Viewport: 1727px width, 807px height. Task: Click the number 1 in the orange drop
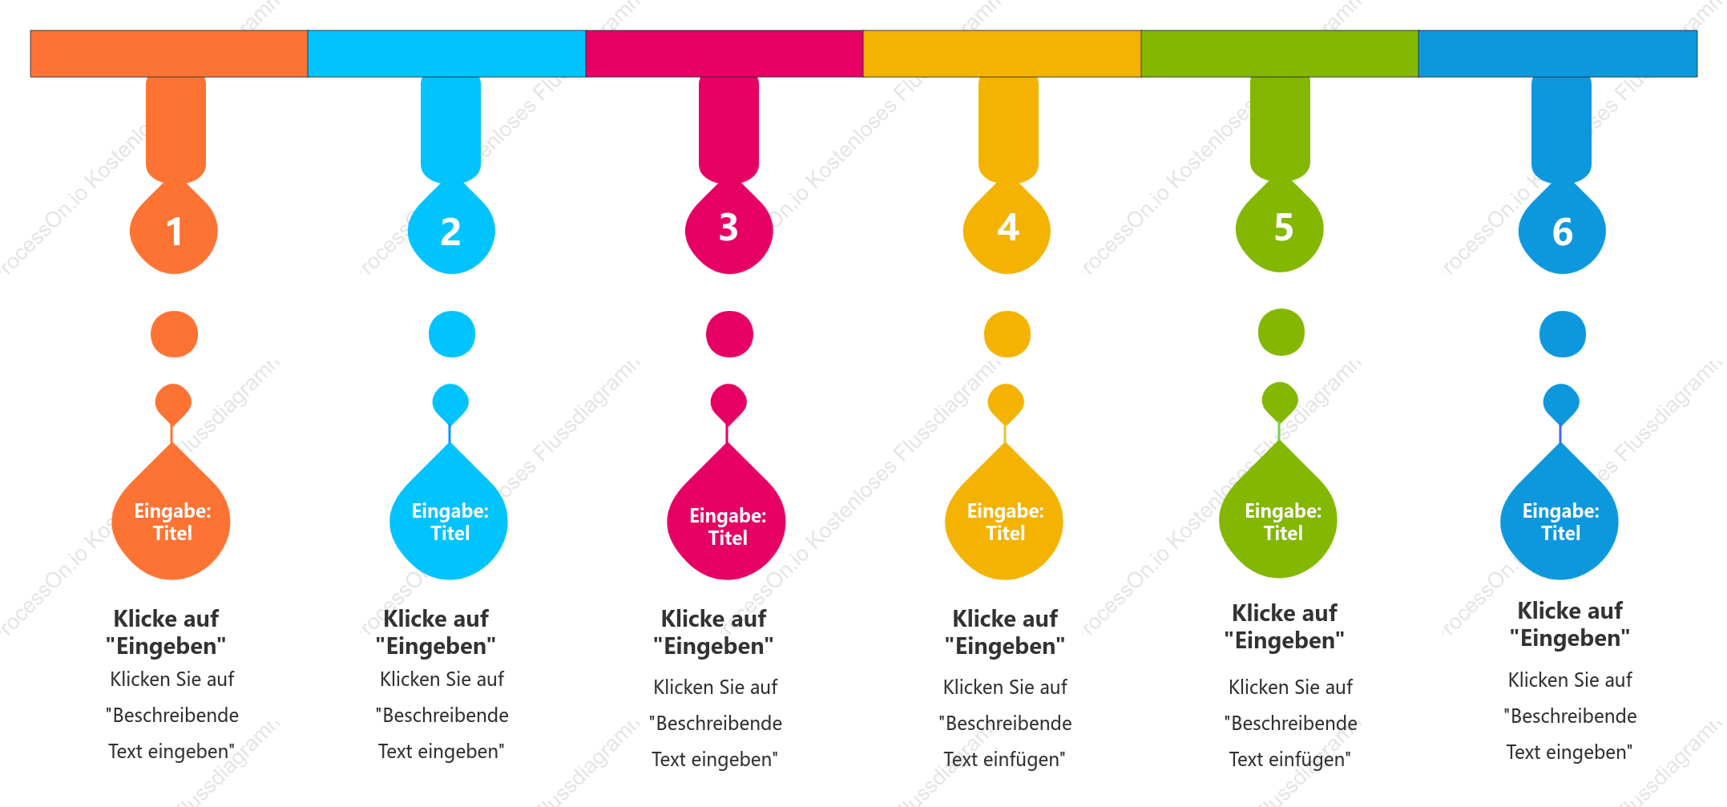point(174,232)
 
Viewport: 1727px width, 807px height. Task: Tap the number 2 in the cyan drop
point(450,232)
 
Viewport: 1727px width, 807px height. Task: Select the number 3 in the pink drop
point(728,228)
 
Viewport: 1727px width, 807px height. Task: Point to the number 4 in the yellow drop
point(1008,228)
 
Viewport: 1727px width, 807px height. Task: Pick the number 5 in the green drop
point(1284,228)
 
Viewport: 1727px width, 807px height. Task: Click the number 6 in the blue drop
point(1563,232)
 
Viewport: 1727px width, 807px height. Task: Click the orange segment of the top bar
point(169,54)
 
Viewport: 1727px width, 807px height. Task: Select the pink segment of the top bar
point(724,54)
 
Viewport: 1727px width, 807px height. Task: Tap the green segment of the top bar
point(1280,54)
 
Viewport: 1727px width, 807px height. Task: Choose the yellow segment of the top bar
point(1002,54)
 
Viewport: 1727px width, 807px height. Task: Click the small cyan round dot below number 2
point(452,334)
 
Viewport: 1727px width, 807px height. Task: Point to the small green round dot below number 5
point(1281,332)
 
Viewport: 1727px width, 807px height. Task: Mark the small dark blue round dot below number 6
point(1563,334)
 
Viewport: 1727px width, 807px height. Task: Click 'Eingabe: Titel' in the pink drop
point(728,527)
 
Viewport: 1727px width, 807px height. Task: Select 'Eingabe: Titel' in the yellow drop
point(1006,522)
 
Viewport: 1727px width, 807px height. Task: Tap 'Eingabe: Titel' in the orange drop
point(172,522)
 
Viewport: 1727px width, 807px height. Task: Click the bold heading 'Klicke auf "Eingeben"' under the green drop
point(1285,627)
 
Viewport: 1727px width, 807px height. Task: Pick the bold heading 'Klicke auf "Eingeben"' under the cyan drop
point(436,632)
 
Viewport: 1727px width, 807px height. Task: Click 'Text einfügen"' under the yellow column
point(1004,759)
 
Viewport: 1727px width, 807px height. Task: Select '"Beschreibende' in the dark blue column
point(1571,716)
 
